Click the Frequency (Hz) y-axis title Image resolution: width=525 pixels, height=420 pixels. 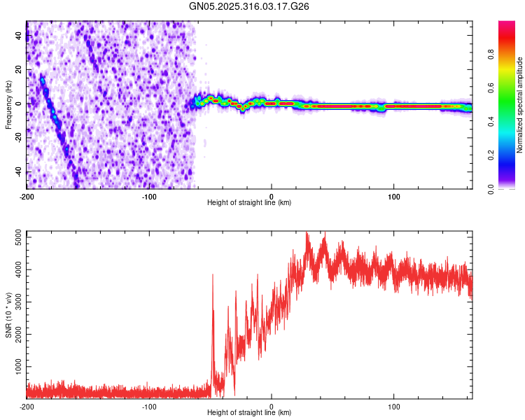click(8, 104)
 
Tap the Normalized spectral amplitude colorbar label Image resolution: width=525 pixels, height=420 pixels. click(520, 105)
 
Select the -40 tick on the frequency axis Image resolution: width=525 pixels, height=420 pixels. click(17, 172)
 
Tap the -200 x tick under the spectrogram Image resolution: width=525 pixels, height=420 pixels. click(27, 195)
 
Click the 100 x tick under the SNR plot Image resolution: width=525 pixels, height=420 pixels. click(394, 405)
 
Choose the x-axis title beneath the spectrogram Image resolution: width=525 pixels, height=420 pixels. click(249, 203)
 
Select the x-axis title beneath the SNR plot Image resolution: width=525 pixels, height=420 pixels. click(249, 413)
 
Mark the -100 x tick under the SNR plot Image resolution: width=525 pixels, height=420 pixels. click(149, 405)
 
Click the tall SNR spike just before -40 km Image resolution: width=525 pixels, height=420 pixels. click(213, 276)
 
